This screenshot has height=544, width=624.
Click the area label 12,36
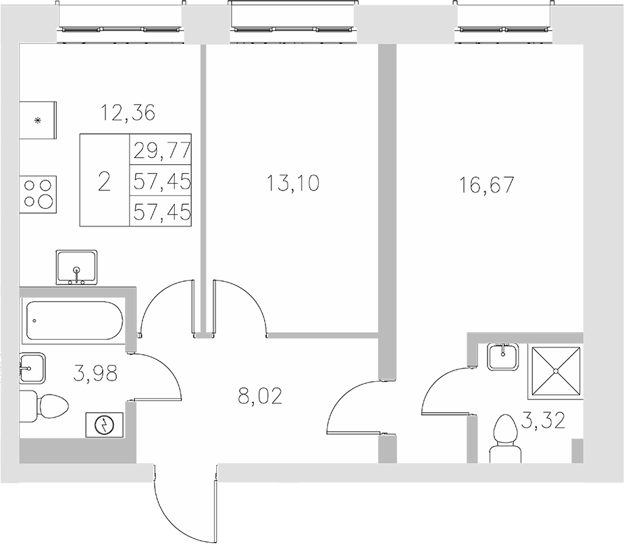coord(128,112)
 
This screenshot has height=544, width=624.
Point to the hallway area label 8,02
coord(259,395)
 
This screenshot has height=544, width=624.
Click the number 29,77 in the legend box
coord(162,149)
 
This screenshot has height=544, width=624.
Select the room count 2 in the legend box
coord(104,181)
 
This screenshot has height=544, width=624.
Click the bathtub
coord(74,322)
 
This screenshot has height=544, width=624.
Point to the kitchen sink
coord(77,267)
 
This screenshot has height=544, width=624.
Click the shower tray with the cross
coord(556,370)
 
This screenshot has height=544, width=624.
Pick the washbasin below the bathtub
coord(33,369)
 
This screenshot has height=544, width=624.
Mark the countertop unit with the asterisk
coord(38,120)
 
